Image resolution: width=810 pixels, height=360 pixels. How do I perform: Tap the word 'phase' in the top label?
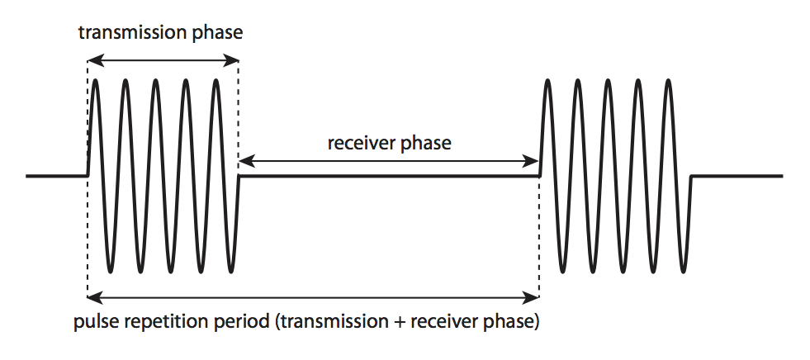217,34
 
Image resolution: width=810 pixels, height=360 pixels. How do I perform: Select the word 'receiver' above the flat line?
360,143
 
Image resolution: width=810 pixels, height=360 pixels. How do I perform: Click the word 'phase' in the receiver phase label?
424,144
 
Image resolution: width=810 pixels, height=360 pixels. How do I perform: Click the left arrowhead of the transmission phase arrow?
94,61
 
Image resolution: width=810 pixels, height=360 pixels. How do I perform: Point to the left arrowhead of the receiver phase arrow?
246,162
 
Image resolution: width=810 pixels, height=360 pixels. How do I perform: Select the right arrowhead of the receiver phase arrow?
532,162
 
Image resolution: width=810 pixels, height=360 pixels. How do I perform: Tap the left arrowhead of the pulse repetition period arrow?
94,297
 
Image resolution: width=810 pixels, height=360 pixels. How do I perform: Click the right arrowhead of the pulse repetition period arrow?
532,297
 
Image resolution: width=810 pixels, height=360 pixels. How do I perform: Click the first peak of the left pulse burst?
95,81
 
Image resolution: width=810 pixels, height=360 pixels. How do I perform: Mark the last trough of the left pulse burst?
230,271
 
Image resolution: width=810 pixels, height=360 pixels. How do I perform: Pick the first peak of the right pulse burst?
547,81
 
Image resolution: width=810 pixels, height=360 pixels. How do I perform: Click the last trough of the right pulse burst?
684,271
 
